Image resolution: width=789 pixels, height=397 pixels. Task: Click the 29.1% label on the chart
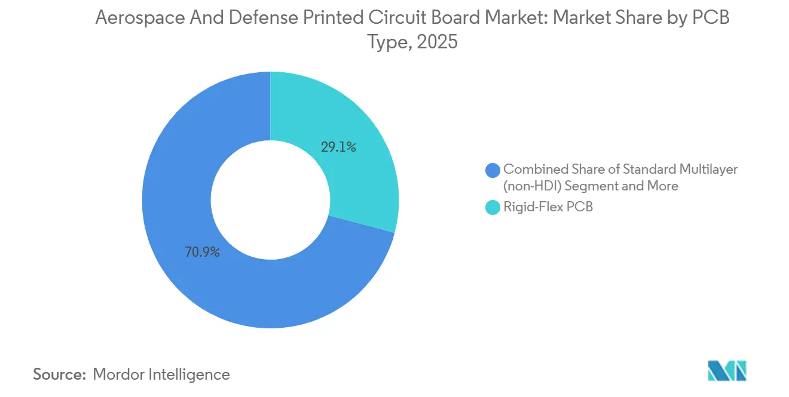(338, 147)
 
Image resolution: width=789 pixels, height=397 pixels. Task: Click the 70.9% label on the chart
(201, 252)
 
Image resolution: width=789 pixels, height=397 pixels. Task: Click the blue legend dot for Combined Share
(493, 170)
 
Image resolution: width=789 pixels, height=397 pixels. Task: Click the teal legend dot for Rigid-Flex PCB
(493, 208)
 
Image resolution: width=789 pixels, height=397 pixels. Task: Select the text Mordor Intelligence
(161, 374)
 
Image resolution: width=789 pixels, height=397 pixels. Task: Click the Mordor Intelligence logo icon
(727, 371)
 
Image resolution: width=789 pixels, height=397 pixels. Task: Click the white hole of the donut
(271, 200)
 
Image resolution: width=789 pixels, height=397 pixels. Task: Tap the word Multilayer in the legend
(707, 169)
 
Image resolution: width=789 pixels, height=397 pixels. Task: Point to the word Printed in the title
(332, 19)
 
